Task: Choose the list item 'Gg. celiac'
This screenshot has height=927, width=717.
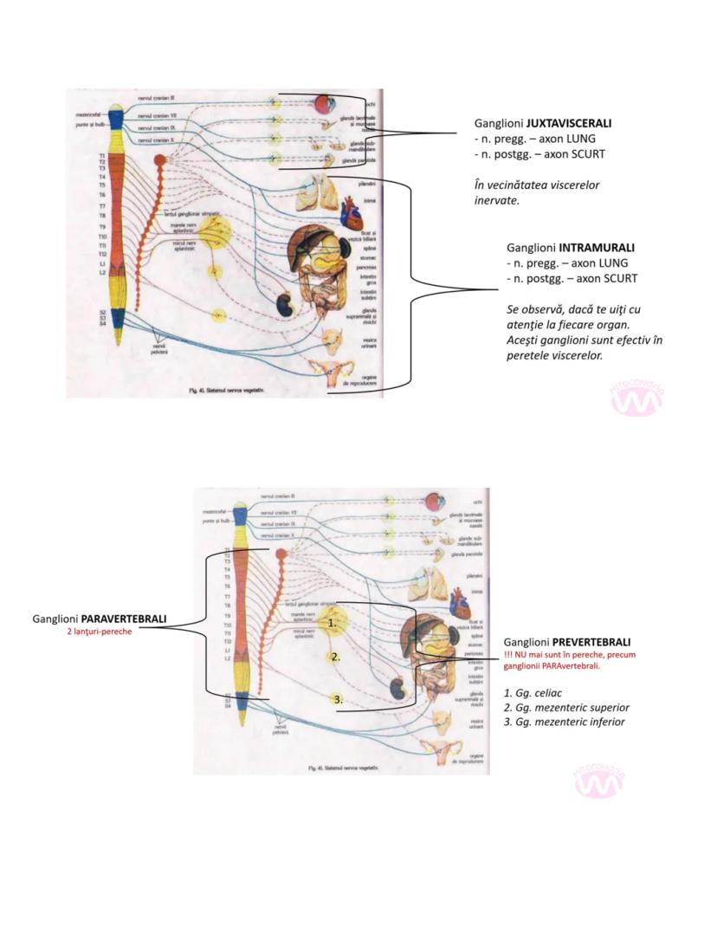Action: coord(537,693)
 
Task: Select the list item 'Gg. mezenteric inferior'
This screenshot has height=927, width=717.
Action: coord(564,722)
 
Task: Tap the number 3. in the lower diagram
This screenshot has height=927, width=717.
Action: coord(338,698)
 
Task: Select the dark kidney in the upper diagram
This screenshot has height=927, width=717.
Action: coord(283,304)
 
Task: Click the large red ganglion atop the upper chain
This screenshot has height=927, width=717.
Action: coord(159,160)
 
